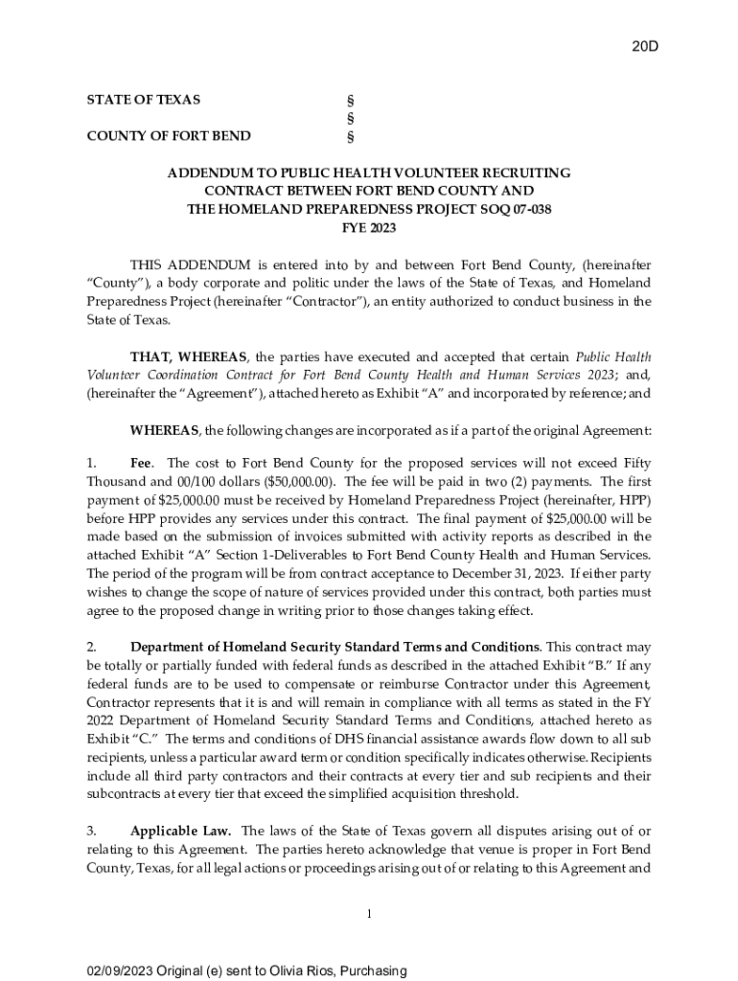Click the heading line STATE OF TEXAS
coord(144,100)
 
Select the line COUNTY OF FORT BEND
coord(169,136)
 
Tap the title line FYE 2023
coord(369,228)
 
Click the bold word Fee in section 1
coord(145,463)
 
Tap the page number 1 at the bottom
coord(369,914)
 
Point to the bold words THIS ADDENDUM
coord(191,264)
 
